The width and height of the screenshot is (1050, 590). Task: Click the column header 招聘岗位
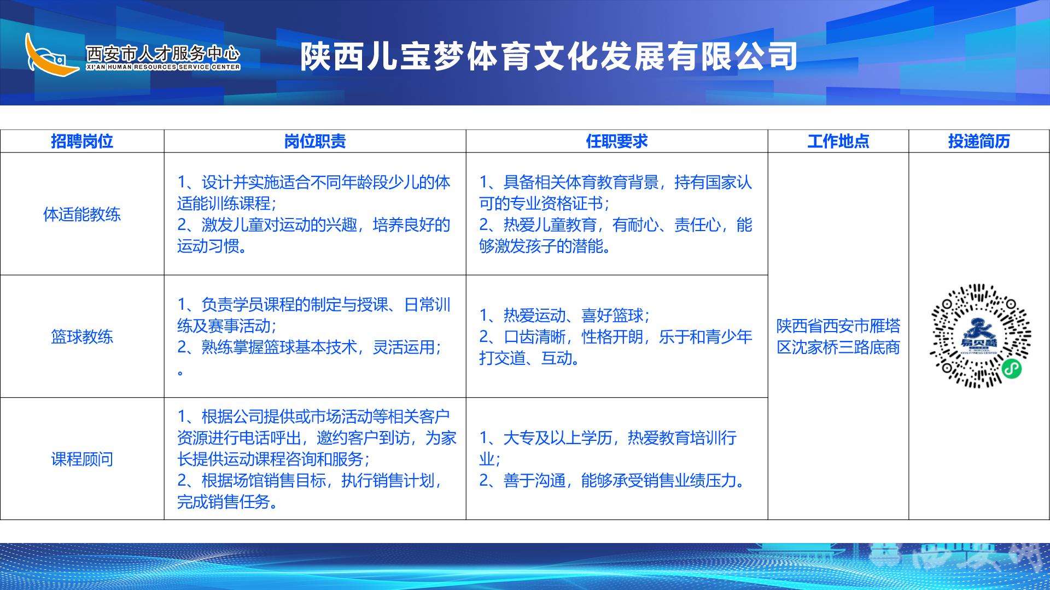pos(82,141)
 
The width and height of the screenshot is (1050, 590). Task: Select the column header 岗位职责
pos(315,141)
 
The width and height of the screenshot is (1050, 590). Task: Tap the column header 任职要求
pos(617,141)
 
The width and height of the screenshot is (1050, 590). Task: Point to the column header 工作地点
pos(838,141)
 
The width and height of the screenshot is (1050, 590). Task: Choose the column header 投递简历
pos(979,141)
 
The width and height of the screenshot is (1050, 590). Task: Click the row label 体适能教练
pos(82,214)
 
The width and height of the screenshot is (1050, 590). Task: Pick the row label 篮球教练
pos(82,337)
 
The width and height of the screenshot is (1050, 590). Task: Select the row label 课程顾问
pos(82,459)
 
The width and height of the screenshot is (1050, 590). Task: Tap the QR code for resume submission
pos(980,336)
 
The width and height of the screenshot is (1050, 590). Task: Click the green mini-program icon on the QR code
pos(1012,369)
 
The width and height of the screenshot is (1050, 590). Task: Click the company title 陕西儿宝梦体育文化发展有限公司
pos(549,57)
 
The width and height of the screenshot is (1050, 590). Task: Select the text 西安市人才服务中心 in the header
pos(163,53)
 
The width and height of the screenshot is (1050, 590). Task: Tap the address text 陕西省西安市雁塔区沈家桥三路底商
pos(838,337)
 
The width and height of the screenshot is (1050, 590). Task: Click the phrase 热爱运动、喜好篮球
pos(574,315)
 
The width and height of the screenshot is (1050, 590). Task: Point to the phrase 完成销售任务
pos(224,501)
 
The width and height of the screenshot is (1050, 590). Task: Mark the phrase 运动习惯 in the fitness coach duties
pos(208,246)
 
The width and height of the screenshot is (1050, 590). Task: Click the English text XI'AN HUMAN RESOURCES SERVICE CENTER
pos(163,67)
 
